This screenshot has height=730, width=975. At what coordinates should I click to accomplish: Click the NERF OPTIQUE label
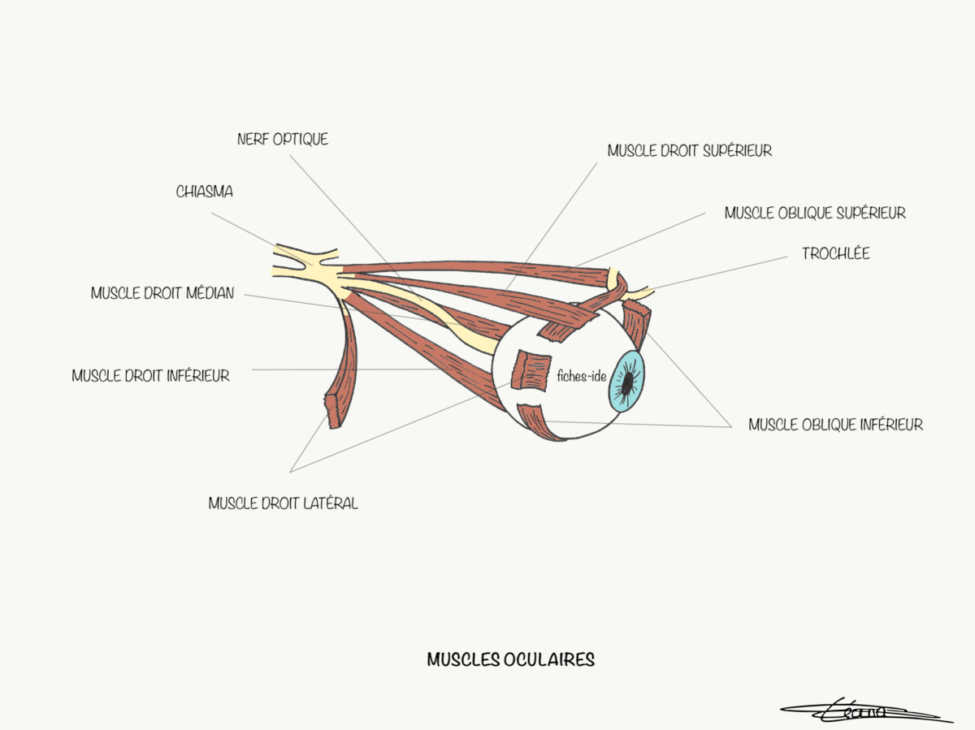[x=283, y=140]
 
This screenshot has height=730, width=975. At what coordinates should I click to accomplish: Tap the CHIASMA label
[x=205, y=192]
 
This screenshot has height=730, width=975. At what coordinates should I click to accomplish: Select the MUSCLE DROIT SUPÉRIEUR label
[x=689, y=151]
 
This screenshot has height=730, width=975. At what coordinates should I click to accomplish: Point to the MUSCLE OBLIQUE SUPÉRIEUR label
[x=815, y=214]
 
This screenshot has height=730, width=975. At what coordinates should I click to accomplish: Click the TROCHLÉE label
[x=835, y=254]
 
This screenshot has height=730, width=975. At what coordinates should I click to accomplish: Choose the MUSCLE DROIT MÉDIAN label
[x=162, y=294]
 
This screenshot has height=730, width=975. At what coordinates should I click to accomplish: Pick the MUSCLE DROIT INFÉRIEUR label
[x=150, y=377]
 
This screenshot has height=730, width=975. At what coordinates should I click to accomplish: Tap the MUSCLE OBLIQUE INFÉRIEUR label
[x=835, y=425]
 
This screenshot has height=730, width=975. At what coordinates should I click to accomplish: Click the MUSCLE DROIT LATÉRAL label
[x=283, y=503]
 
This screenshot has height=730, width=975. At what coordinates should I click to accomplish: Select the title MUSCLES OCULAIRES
[x=510, y=660]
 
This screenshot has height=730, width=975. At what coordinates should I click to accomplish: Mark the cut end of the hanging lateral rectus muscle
[x=335, y=411]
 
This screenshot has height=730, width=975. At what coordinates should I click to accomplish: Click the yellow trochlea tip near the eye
[x=643, y=292]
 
